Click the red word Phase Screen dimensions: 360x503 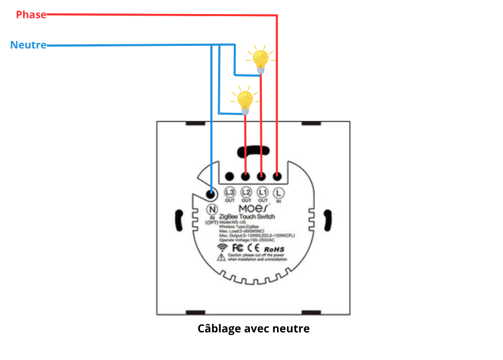[31, 15]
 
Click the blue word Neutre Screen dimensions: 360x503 [28, 45]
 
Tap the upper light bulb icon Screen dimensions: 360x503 [261, 59]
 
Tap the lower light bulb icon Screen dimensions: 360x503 [245, 101]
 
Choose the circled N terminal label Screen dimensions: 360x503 [212, 209]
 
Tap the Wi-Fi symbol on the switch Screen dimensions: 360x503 [222, 247]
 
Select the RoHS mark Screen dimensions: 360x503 [274, 250]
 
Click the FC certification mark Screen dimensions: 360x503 [238, 248]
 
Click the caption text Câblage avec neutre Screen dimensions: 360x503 [254, 329]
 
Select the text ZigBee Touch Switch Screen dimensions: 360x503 [247, 216]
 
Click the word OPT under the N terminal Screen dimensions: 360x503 [212, 222]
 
